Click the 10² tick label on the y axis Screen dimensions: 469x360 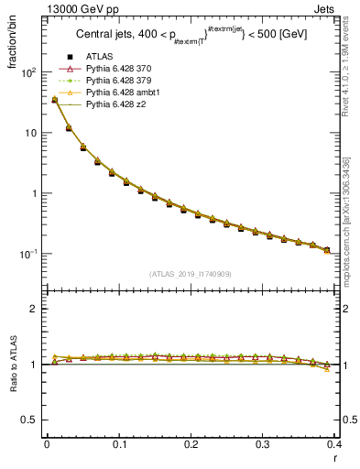click(x=27, y=71)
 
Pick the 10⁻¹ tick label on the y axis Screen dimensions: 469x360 click(x=27, y=254)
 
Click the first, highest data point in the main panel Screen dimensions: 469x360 click(x=54, y=100)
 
